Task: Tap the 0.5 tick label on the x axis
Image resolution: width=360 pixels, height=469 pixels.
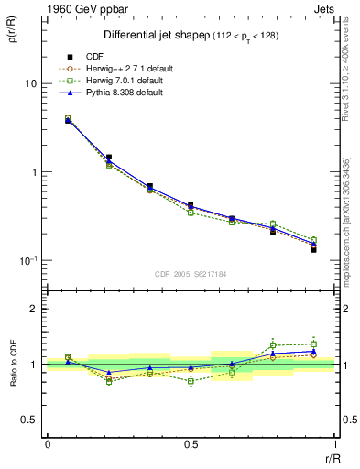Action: tap(190, 444)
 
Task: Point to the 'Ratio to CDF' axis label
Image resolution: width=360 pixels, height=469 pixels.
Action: tap(13, 364)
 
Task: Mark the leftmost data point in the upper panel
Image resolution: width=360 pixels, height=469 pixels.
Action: tap(68, 119)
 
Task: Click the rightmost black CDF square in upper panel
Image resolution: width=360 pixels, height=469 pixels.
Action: tap(313, 249)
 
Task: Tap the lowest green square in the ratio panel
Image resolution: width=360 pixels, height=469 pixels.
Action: tap(191, 381)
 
